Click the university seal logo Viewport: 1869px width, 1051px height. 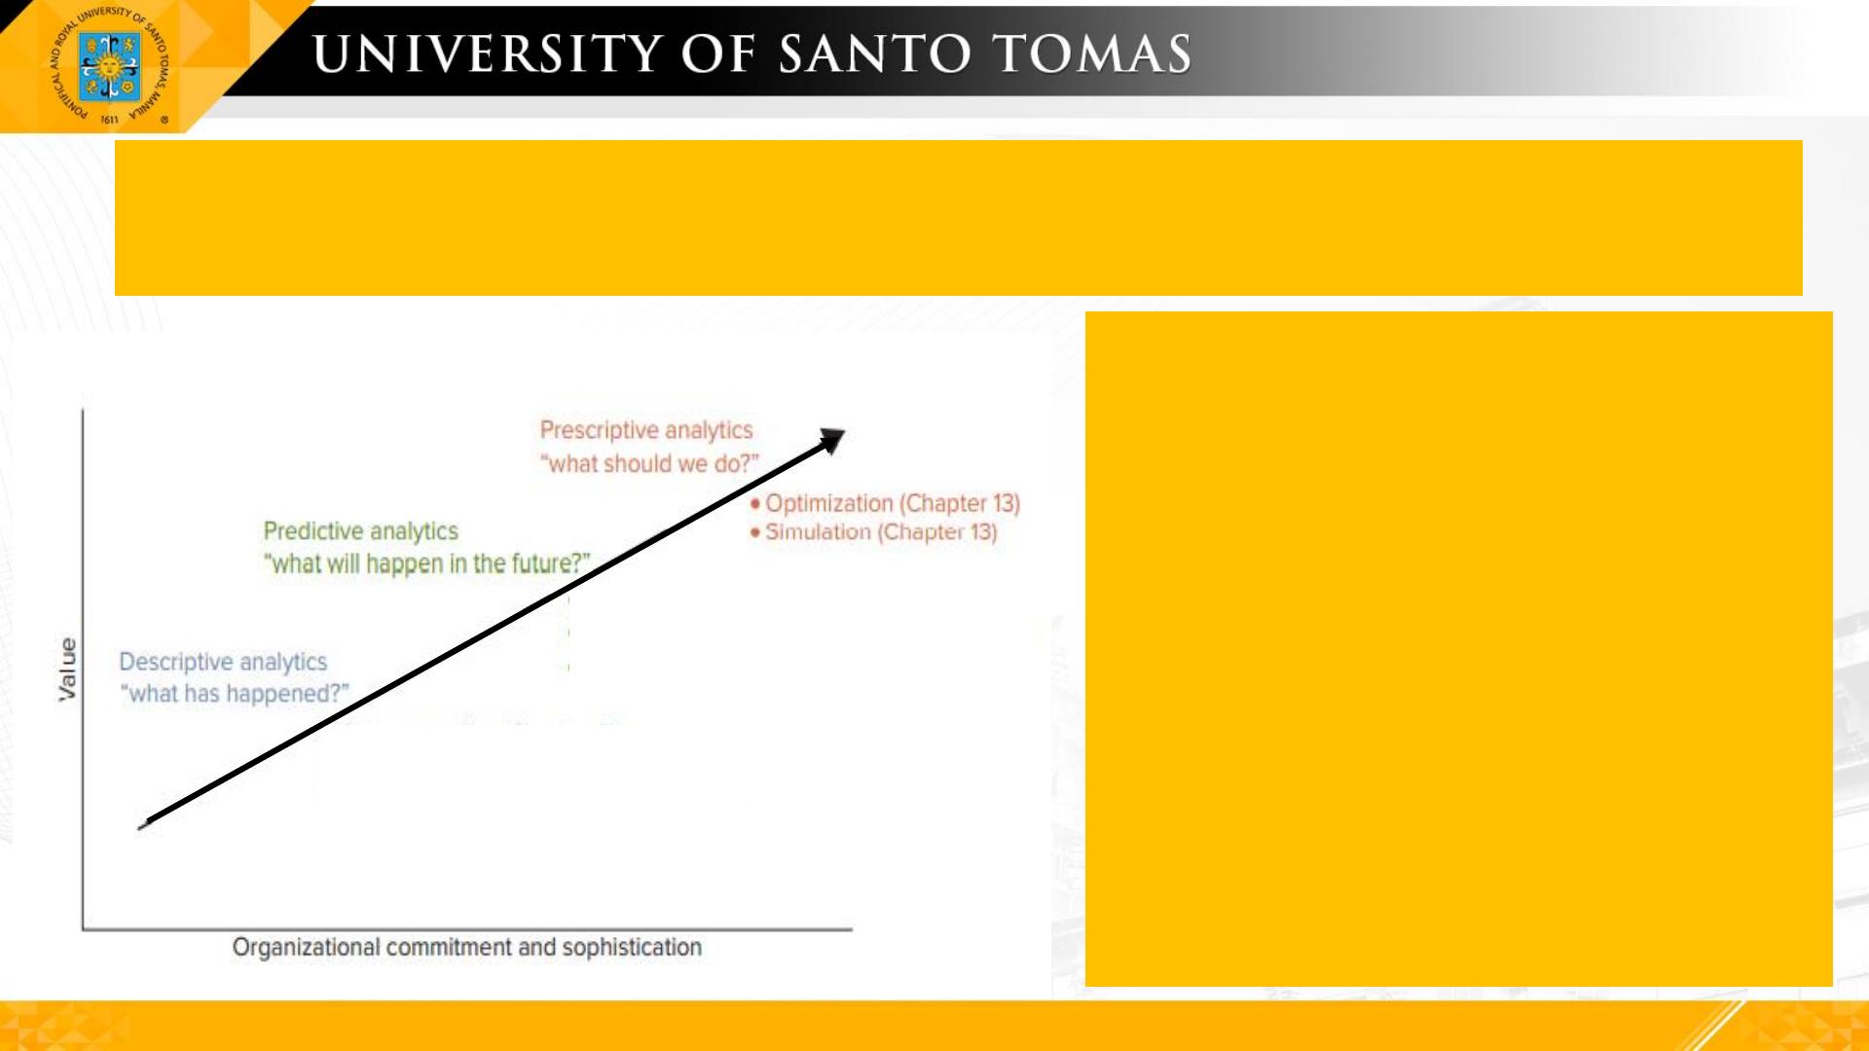109,66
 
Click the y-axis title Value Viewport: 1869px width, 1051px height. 67,670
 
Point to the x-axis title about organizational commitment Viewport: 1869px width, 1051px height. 466,947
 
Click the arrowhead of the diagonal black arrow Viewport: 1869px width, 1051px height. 832,440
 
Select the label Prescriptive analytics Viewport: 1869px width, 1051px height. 646,430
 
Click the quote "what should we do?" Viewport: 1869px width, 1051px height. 649,463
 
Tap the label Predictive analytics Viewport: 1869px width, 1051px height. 360,531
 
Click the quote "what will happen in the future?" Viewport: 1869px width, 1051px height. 426,563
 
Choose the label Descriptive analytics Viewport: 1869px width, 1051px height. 223,662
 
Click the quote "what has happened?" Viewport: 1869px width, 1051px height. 234,694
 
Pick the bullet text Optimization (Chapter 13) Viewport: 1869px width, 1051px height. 893,503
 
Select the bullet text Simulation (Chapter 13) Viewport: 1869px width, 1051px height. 881,532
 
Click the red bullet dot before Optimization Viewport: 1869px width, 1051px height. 755,503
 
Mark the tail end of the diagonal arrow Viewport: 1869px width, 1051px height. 142,826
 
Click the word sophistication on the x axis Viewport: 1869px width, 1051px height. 632,947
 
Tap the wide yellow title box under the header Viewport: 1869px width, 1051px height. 959,218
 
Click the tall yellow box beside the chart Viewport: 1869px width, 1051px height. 1459,649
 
